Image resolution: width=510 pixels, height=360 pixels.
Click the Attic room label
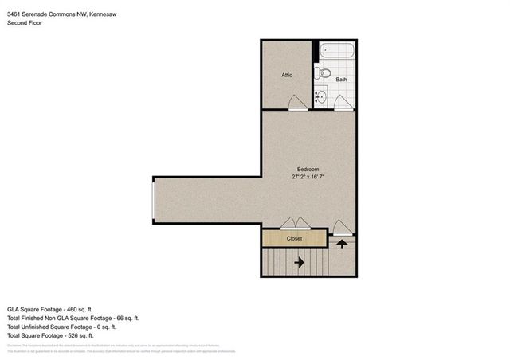tap(287, 75)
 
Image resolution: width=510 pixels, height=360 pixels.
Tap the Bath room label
tap(341, 80)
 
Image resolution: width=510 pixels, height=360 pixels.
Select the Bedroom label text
tap(308, 169)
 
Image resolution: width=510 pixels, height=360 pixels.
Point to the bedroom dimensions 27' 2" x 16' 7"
tap(308, 177)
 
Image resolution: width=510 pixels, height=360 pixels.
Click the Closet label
tap(294, 237)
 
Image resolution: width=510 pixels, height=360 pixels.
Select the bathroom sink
tap(320, 97)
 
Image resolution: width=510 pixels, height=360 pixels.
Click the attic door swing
tap(295, 102)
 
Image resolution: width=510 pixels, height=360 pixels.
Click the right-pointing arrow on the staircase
tap(300, 260)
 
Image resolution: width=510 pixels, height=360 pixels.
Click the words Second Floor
tap(25, 23)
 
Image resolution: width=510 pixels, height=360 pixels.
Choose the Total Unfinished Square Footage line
tap(61, 327)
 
